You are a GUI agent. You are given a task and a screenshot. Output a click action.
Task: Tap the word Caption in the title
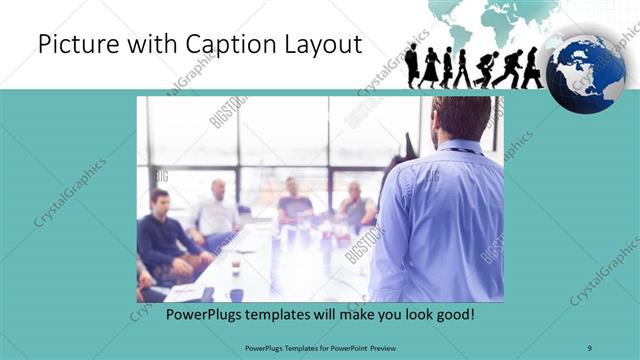pyautogui.click(x=220, y=46)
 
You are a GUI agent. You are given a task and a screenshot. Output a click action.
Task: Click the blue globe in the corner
pyautogui.click(x=586, y=72)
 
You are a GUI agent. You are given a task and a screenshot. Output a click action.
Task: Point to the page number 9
pyautogui.click(x=589, y=347)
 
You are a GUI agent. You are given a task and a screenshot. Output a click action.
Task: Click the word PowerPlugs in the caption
pyautogui.click(x=201, y=315)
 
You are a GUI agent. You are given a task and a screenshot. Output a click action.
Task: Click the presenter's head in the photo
pyautogui.click(x=461, y=118)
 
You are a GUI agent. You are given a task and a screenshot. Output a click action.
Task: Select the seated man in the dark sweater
pyautogui.click(x=159, y=240)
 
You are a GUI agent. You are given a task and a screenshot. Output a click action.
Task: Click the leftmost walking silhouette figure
pyautogui.click(x=412, y=66)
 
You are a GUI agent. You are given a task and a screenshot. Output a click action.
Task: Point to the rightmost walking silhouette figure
pyautogui.click(x=532, y=68)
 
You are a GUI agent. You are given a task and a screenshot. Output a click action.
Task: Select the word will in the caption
pyautogui.click(x=329, y=315)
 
